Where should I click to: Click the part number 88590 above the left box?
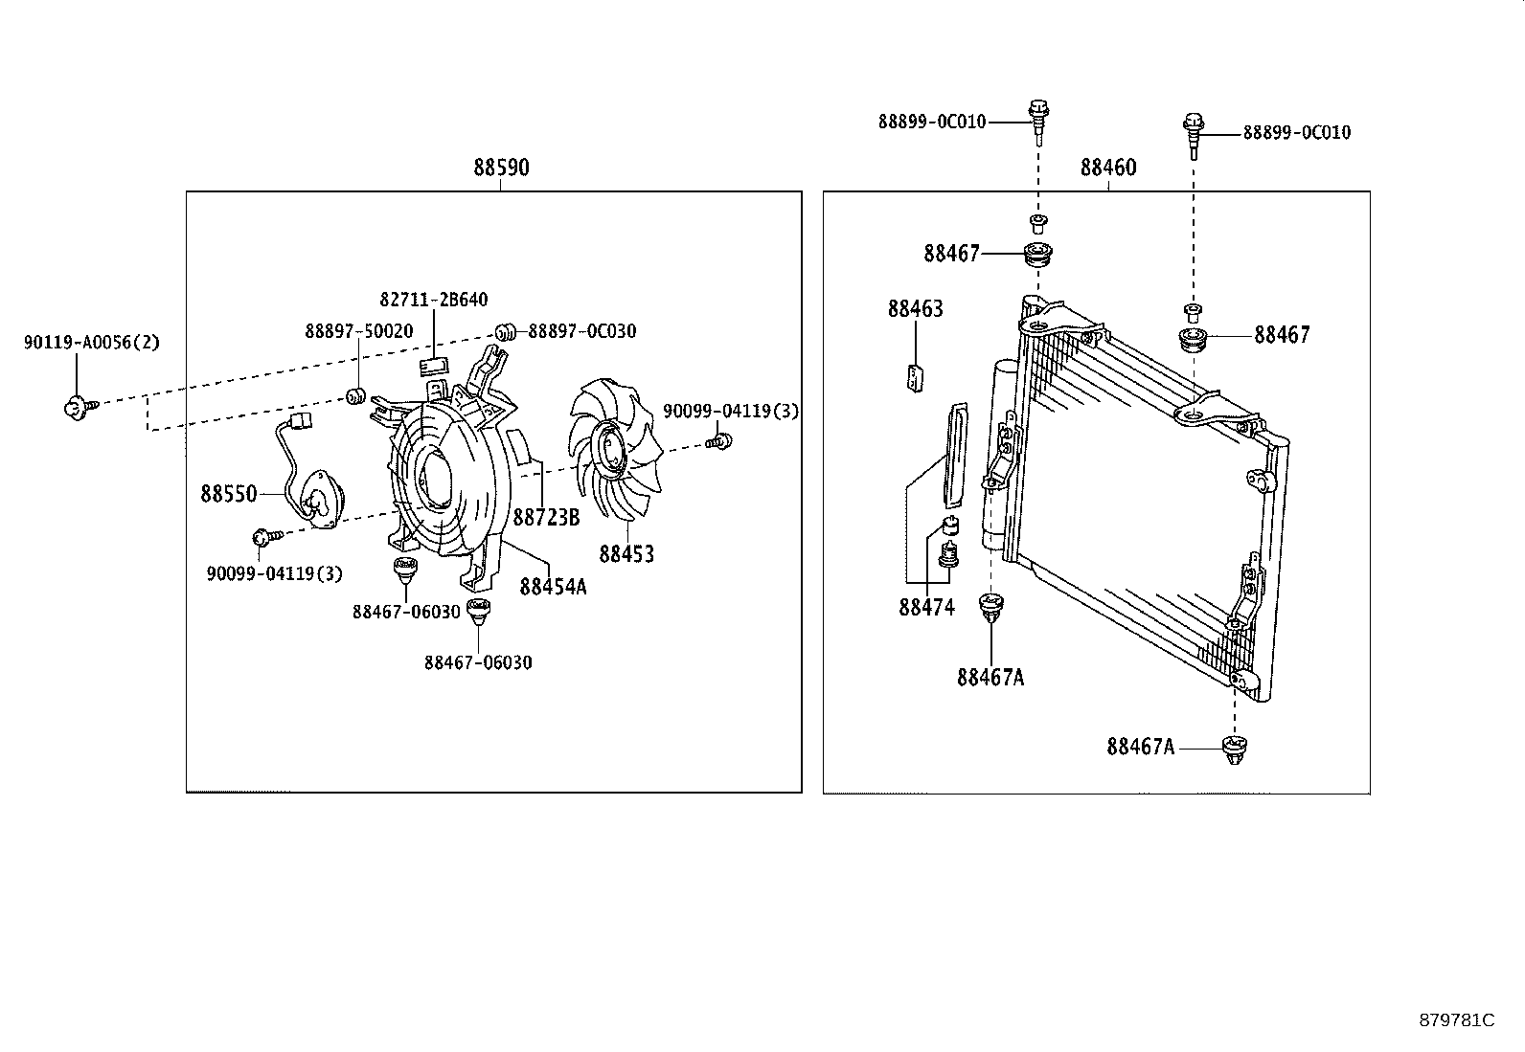pos(501,168)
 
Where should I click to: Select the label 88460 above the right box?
pos(1108,168)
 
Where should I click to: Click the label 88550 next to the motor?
pos(228,494)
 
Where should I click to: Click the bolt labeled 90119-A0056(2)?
pos(75,407)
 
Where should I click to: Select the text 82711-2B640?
pos(434,300)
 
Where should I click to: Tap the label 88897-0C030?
pos(582,331)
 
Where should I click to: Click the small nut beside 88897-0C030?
pos(507,332)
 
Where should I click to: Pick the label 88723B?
pos(546,518)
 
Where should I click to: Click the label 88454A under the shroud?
pos(553,587)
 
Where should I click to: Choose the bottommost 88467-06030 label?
pos(478,662)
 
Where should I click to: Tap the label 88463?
pos(915,309)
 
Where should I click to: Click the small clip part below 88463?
pos(916,378)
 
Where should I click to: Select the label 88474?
pos(926,608)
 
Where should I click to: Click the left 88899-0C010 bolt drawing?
pos(1037,119)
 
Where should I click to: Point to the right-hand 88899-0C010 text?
pos(1297,133)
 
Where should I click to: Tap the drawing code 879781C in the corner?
pos(1456,1019)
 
